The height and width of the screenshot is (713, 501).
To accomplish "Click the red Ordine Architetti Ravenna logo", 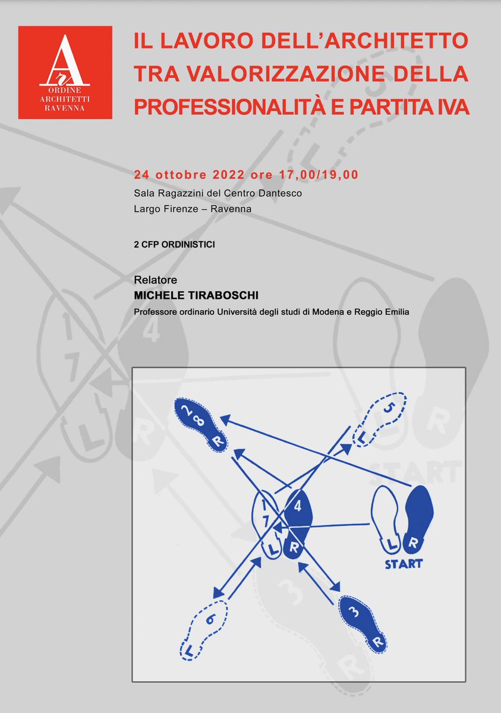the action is (x=65, y=72).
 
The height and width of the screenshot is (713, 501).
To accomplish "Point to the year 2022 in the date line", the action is (x=229, y=175).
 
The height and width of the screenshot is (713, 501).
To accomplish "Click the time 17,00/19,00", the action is (x=319, y=175).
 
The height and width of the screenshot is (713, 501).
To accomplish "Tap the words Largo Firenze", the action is (x=165, y=209).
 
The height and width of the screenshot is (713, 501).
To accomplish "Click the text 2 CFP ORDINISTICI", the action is (x=174, y=244).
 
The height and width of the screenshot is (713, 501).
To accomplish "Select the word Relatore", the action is (x=155, y=280).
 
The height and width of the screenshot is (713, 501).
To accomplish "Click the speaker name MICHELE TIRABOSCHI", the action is (x=196, y=296).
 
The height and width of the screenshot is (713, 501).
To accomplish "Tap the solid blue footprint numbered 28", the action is (x=200, y=424).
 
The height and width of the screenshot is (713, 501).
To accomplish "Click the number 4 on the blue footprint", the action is (x=298, y=506).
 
